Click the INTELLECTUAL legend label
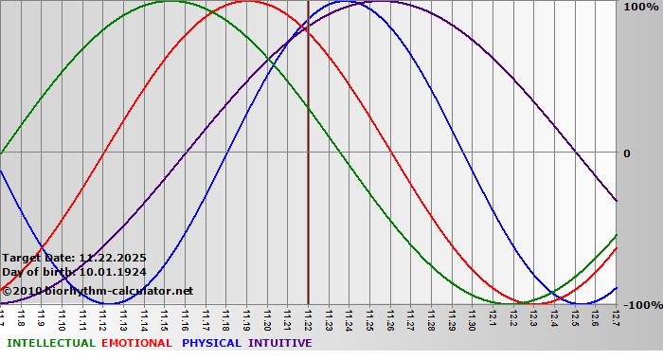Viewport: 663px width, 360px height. coord(50,343)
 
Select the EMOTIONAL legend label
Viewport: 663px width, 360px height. coord(136,343)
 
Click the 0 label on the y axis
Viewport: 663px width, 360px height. coord(627,153)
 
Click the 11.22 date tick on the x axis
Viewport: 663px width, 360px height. coord(308,317)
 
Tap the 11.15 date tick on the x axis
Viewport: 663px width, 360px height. coord(165,317)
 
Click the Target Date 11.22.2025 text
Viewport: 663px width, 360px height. coord(74,257)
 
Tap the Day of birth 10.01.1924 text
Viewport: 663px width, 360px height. coord(74,272)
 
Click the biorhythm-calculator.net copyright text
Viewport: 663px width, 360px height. coord(98,290)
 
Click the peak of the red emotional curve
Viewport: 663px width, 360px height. coord(247,1)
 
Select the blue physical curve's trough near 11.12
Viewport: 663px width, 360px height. coord(113,304)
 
